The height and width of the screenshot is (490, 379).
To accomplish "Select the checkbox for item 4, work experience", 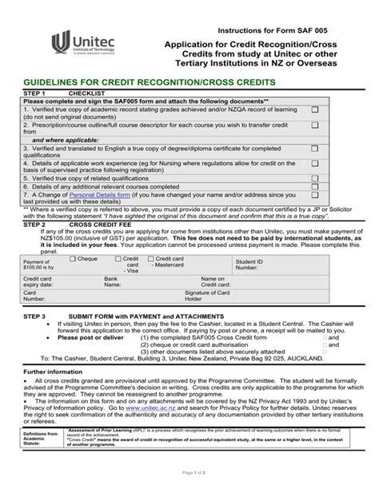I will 314,163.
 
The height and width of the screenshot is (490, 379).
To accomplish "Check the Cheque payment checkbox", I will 74,259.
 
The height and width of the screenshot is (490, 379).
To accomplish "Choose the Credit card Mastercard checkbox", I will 151,259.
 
